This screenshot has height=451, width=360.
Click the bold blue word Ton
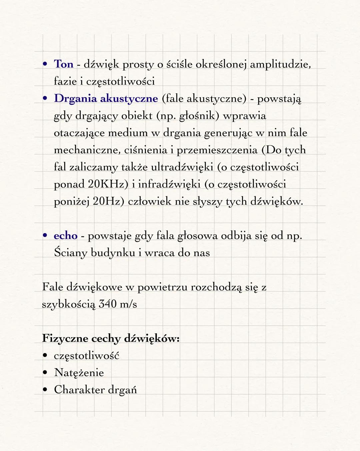63,64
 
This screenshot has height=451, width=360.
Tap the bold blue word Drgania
75,99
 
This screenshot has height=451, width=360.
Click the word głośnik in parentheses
199,116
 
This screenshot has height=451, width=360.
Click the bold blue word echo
65,236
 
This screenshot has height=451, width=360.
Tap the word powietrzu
162,287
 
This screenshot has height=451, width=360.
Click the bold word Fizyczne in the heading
64,338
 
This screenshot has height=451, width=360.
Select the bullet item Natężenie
79,372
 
